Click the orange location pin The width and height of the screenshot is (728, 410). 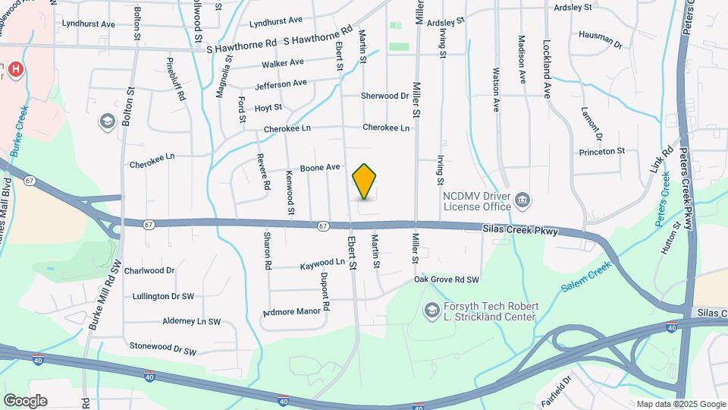point(365,181)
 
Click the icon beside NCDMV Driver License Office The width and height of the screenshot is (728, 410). point(522,200)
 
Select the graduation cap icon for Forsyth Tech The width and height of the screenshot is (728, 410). point(431,311)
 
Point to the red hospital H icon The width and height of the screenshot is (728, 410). point(14,68)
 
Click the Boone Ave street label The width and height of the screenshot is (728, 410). point(320,168)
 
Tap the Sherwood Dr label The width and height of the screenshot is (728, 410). point(384,96)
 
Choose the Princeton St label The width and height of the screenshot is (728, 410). point(601,151)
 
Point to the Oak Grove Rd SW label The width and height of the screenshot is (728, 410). point(447,279)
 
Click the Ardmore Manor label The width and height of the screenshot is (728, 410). point(292,311)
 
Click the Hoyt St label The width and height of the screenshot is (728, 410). point(268,108)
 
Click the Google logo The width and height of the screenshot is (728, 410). point(25,401)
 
